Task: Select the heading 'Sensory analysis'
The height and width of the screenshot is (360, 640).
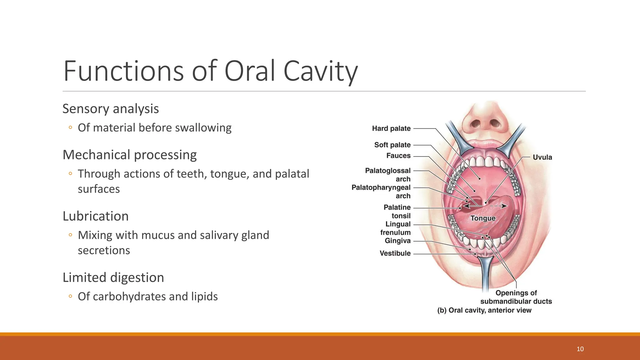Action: (x=111, y=109)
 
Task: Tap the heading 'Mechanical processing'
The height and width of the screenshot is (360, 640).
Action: (x=130, y=155)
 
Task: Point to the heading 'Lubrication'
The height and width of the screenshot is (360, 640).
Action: (x=96, y=216)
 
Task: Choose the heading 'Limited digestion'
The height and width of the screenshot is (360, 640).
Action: (x=113, y=277)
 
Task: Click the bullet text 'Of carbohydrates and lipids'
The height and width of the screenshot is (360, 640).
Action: (x=148, y=296)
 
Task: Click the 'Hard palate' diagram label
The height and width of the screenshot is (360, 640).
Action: (x=391, y=128)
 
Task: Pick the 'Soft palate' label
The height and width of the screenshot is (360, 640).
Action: (x=392, y=145)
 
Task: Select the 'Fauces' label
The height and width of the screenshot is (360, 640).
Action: (x=398, y=156)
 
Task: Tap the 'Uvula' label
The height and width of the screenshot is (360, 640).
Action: (x=542, y=157)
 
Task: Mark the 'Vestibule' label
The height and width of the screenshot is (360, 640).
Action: (x=395, y=253)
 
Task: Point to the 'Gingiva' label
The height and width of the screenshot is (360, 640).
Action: (x=397, y=241)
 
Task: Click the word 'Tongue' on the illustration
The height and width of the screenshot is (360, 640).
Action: (x=483, y=218)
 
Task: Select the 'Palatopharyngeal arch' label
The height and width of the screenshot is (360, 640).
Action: (x=381, y=192)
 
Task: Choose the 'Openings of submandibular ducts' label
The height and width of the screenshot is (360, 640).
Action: (x=516, y=297)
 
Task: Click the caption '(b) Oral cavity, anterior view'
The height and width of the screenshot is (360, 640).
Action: (x=484, y=310)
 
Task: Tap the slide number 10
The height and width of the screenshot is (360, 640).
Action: (x=580, y=349)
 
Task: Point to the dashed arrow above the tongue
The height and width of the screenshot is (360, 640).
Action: (x=498, y=206)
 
